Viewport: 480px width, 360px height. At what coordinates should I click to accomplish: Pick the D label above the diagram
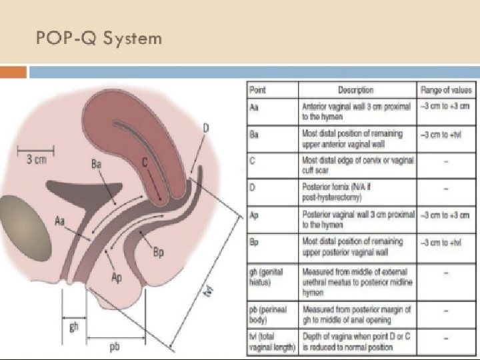[206, 127]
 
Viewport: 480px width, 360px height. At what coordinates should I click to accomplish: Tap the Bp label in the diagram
[158, 252]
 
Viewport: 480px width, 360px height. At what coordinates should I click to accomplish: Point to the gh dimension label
[73, 327]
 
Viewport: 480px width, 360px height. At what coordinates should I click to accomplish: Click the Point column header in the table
[257, 89]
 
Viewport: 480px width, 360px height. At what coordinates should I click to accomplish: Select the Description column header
[355, 89]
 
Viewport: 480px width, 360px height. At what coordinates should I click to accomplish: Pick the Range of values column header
[445, 89]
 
